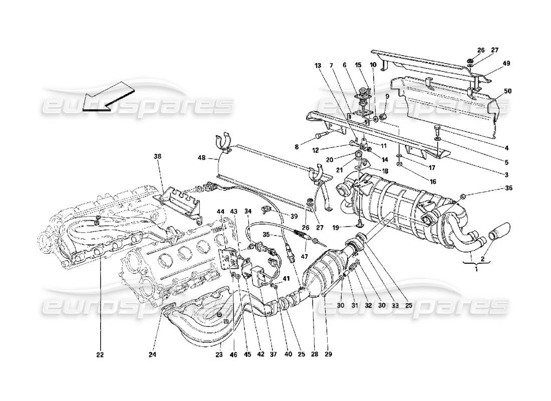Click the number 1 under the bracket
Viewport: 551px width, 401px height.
[x=476, y=270]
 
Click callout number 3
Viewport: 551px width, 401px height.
[x=506, y=174]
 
